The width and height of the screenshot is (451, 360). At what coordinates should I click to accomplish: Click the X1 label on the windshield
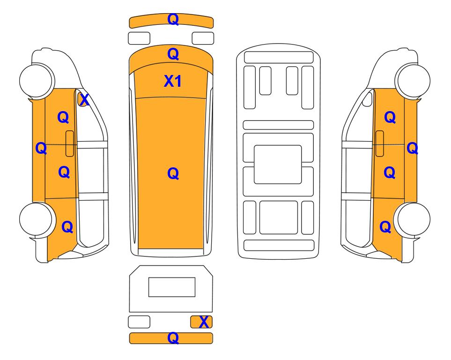tap(172, 81)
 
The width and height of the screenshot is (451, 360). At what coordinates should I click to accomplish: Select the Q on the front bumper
tap(173, 19)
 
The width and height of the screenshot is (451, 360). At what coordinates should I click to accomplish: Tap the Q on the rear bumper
tap(173, 338)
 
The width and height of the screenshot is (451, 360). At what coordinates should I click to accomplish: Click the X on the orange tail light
tap(204, 322)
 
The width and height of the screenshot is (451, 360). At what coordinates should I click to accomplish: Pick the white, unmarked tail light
tap(139, 322)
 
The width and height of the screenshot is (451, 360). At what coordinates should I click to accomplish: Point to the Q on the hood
tap(173, 54)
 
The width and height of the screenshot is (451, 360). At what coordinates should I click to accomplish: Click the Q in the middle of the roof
tap(173, 173)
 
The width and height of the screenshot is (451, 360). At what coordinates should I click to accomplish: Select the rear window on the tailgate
tap(172, 287)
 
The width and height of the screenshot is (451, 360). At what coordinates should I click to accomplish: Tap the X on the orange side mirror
tap(84, 100)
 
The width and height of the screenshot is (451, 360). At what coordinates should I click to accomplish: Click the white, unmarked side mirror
tap(367, 99)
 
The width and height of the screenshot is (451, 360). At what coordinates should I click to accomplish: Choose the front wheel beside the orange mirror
tap(37, 80)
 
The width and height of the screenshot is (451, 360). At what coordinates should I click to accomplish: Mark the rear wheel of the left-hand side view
tap(37, 219)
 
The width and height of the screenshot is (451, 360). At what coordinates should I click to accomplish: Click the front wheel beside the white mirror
tap(413, 80)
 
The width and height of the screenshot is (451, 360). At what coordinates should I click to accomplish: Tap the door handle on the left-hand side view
tap(70, 143)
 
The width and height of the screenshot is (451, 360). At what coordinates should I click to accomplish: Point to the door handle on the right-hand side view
tap(380, 143)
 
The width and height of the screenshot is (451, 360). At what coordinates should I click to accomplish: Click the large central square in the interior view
tap(278, 165)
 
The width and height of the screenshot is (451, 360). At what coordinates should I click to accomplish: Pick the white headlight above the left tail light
tap(139, 38)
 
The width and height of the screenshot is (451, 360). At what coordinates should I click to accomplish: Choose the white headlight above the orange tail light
tap(203, 38)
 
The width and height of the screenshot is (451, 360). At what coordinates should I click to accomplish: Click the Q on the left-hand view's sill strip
tap(41, 148)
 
